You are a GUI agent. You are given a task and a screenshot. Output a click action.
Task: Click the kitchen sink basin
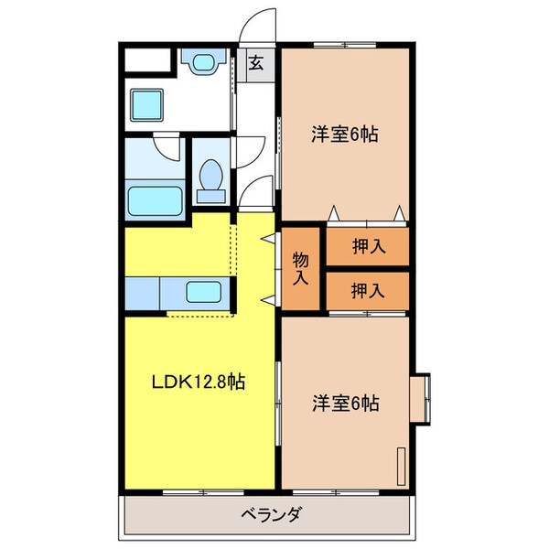(x=202, y=294)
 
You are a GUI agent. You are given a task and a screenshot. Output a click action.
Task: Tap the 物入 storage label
(x=299, y=268)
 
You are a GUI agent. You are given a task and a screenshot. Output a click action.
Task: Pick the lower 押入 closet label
(x=368, y=291)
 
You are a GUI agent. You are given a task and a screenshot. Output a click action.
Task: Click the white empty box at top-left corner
(x=148, y=62)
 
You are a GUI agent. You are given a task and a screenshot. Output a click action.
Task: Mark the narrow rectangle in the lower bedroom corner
(x=401, y=467)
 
